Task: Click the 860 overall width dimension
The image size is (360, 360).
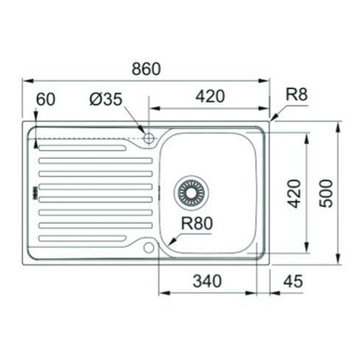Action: (147, 69)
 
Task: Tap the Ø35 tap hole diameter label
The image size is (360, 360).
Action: (106, 99)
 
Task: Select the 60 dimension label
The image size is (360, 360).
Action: (45, 99)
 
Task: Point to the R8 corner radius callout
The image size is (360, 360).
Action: (296, 95)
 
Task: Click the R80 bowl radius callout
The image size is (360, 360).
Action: (197, 224)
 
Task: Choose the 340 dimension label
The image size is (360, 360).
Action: (207, 281)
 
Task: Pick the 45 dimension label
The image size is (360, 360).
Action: (293, 281)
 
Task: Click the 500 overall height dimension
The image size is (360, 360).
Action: (327, 193)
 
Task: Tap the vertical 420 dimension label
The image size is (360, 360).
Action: (293, 193)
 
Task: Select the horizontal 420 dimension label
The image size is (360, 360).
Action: (211, 96)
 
